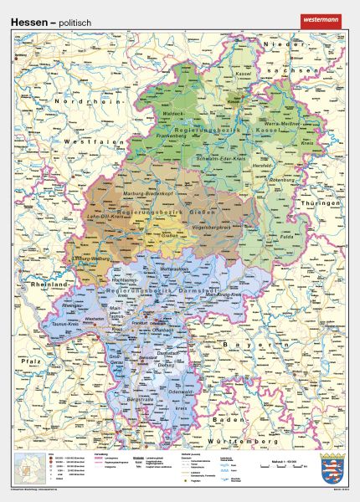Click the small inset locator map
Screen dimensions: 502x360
[28, 467]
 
